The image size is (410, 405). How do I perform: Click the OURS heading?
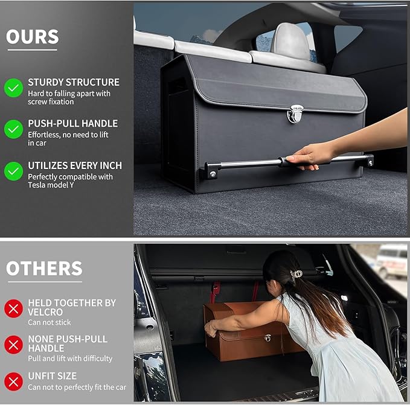33,37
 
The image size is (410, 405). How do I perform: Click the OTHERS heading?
44,269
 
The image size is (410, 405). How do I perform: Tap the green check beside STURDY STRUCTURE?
13,88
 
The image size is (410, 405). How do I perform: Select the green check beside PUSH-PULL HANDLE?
13,129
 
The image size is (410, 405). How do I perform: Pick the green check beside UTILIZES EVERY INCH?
13,171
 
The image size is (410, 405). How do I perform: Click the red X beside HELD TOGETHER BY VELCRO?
13,308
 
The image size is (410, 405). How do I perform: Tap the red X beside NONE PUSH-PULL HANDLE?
13,345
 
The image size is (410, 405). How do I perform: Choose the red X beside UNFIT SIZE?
13,381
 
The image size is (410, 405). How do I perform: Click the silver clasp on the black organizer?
295,113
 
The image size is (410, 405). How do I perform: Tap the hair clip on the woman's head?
296,275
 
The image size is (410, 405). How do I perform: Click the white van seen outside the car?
392,260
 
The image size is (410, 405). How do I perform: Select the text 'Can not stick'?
50,322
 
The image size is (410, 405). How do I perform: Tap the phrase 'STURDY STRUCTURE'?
74,82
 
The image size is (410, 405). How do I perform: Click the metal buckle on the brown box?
267,337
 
